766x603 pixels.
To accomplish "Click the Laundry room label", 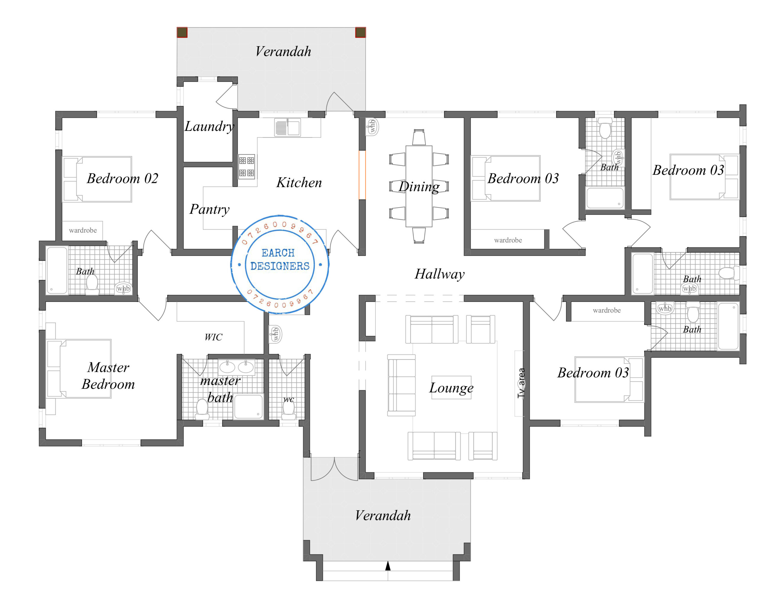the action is (x=209, y=126).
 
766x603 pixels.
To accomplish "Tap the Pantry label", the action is (x=209, y=209).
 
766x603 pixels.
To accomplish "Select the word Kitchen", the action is (x=299, y=183).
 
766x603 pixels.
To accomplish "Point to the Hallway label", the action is (x=439, y=274).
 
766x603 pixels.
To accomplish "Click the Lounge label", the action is (x=451, y=388).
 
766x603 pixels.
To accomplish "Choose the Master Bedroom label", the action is (x=108, y=376).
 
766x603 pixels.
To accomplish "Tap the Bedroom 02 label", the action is (x=122, y=178).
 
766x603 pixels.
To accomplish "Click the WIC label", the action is (x=213, y=337).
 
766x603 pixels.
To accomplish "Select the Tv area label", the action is (x=521, y=383).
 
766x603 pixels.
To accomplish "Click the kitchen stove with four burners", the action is (x=247, y=167).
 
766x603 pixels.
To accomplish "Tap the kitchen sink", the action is (x=288, y=127).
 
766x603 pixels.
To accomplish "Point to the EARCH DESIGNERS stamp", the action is (x=280, y=264).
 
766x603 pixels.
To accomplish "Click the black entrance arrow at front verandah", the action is (x=388, y=566).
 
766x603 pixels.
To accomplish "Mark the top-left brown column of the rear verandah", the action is (x=182, y=32).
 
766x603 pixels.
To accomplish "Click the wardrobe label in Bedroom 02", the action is (x=83, y=231).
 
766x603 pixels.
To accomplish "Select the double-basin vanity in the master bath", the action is (x=236, y=367).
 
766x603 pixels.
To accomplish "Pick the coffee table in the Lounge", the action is (x=451, y=387).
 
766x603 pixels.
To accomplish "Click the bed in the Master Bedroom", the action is (x=79, y=369).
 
